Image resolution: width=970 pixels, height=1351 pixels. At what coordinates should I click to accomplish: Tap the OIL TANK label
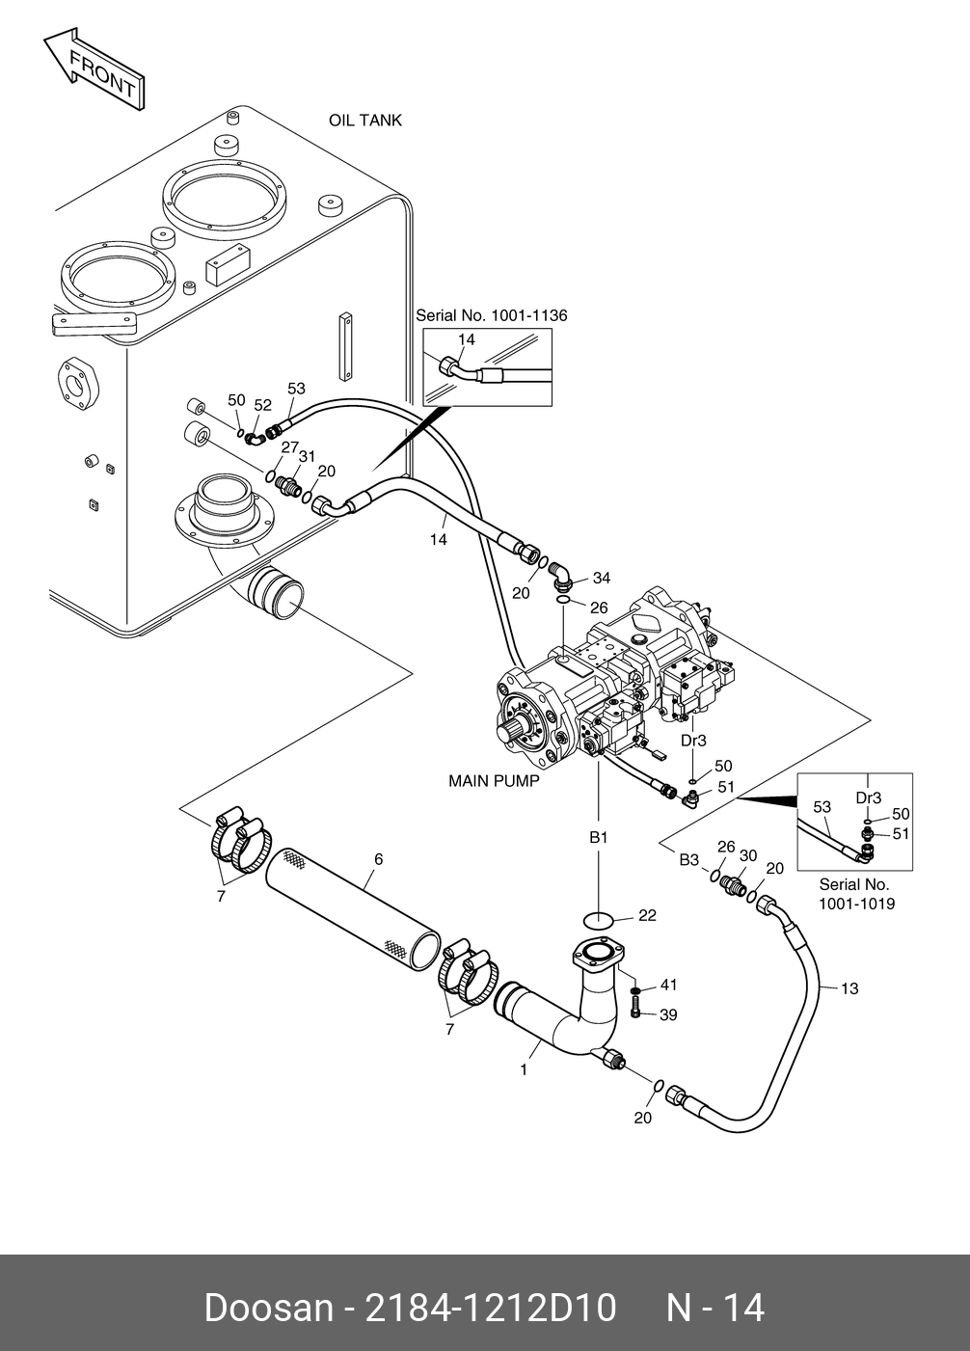(365, 121)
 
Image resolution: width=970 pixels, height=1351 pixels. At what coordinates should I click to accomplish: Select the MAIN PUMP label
(494, 781)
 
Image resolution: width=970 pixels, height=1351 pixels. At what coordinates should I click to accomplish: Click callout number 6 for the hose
(379, 859)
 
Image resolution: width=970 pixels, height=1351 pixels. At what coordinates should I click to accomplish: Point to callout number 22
(647, 915)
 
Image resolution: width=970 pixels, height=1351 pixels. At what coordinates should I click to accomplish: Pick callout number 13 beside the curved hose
(849, 989)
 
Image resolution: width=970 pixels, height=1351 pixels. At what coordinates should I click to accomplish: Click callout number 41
(668, 985)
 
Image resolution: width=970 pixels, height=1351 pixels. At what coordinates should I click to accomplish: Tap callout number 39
(668, 1015)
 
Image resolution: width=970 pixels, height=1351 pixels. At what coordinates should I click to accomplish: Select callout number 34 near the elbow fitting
(602, 578)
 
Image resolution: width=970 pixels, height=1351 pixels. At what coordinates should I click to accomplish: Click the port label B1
(598, 838)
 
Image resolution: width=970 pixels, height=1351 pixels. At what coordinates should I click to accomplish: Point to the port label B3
(688, 859)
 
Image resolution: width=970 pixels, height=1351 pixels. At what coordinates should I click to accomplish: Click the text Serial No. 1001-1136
(491, 315)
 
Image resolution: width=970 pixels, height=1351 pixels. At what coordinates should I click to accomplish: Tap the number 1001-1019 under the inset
(856, 905)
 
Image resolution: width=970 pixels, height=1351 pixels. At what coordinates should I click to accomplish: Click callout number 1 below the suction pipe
(524, 1070)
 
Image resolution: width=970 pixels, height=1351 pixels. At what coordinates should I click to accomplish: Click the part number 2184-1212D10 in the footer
(491, 1309)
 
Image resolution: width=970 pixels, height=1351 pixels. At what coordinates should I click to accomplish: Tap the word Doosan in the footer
(269, 1309)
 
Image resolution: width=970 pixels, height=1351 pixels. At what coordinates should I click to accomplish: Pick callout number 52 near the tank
(263, 405)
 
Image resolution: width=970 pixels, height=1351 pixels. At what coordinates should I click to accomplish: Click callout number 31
(307, 456)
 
